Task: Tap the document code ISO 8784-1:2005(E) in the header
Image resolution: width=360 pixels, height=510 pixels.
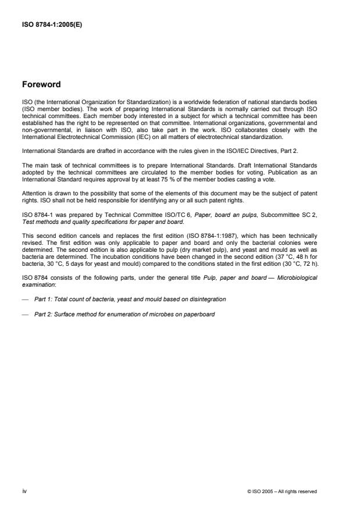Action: point(49,24)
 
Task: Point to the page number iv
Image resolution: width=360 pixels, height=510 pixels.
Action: point(24,491)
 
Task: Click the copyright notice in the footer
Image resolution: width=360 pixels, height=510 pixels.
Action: point(281,491)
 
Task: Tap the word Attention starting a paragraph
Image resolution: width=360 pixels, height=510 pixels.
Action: point(34,192)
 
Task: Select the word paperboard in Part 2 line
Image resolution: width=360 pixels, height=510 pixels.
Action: point(198,314)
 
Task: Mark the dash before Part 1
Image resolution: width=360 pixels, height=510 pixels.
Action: point(25,299)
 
